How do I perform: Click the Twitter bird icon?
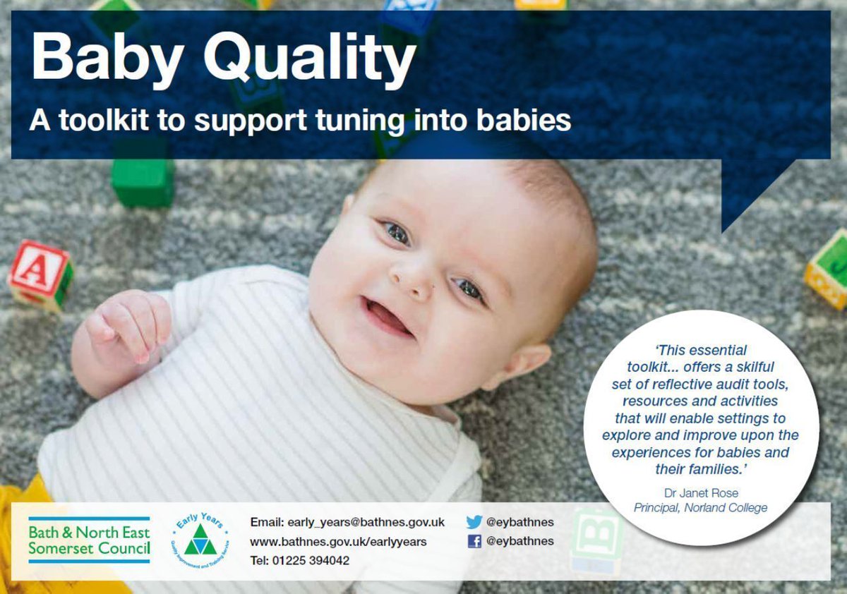(x=474, y=522)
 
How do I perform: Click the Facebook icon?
(x=474, y=541)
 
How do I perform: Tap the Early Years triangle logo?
(x=200, y=539)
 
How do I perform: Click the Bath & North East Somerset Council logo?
(x=89, y=540)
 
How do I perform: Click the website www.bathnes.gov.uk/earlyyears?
(x=338, y=541)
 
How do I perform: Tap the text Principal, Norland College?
(x=699, y=507)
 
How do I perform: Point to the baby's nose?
(x=414, y=279)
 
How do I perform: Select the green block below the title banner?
(x=142, y=182)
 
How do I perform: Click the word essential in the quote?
(x=716, y=350)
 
